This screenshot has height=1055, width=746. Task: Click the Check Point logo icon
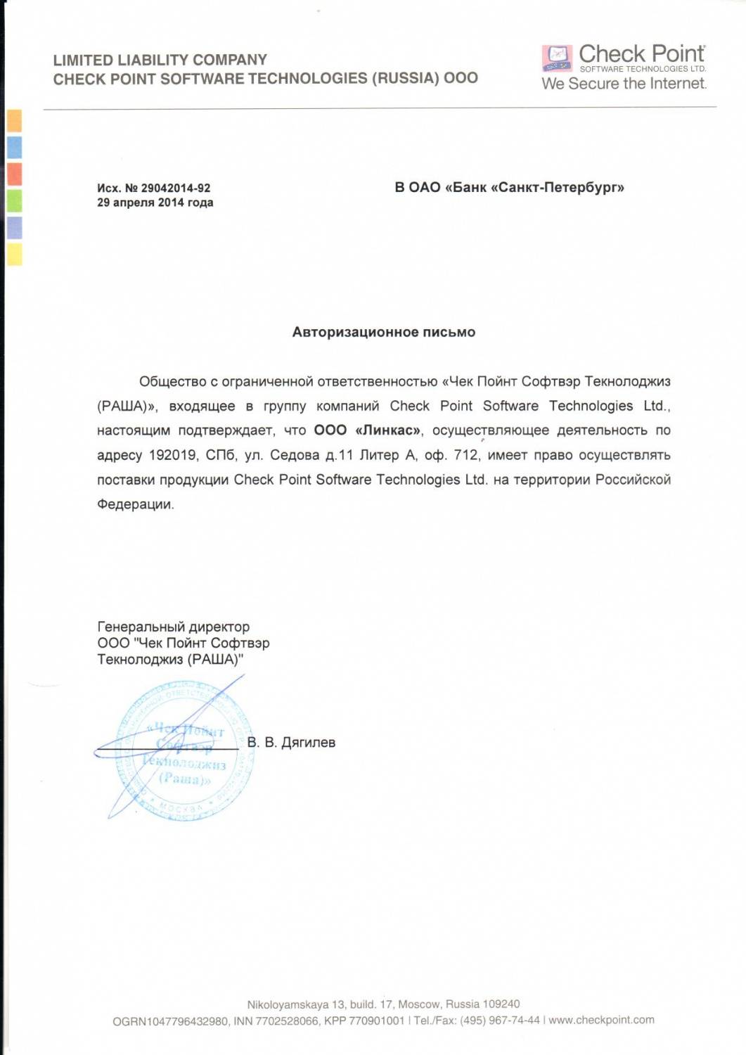click(x=557, y=58)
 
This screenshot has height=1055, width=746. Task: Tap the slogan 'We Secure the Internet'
click(x=624, y=84)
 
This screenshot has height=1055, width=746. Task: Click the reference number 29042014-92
click(x=175, y=188)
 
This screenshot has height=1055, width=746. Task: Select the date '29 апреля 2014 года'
click(x=155, y=203)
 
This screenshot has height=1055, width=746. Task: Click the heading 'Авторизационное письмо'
click(x=383, y=332)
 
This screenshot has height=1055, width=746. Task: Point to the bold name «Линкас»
click(x=388, y=430)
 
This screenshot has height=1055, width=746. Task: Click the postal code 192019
click(x=172, y=455)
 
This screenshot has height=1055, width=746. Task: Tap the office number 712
click(x=466, y=455)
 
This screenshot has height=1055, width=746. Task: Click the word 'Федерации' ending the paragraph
click(x=134, y=504)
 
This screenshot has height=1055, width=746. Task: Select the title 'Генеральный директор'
click(x=173, y=627)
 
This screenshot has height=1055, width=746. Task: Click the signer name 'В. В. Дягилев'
click(x=291, y=742)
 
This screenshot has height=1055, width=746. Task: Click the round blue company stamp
click(x=184, y=750)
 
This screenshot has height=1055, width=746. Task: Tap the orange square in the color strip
click(x=14, y=121)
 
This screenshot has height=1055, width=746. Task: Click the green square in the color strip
click(x=14, y=201)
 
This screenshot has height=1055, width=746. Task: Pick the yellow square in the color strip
click(x=14, y=254)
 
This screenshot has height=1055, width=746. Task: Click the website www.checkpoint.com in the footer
click(x=601, y=1020)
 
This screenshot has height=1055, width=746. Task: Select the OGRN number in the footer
click(x=170, y=1021)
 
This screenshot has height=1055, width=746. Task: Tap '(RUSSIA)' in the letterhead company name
click(x=406, y=78)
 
